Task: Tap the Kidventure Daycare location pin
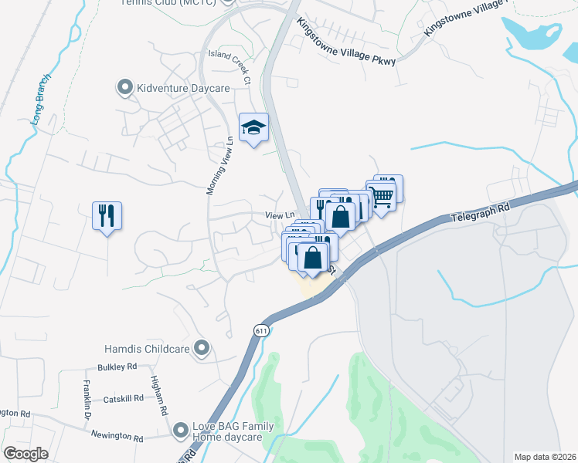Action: [x=124, y=88]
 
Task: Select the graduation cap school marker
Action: [x=253, y=127]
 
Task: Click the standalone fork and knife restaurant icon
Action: [x=107, y=215]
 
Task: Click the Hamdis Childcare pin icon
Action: [x=202, y=349]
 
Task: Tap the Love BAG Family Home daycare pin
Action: [x=181, y=429]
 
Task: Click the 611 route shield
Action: [x=261, y=330]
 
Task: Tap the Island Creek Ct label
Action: [x=230, y=65]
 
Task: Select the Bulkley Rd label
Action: [x=117, y=367]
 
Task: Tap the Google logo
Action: [x=25, y=454]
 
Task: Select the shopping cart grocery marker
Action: [x=380, y=197]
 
